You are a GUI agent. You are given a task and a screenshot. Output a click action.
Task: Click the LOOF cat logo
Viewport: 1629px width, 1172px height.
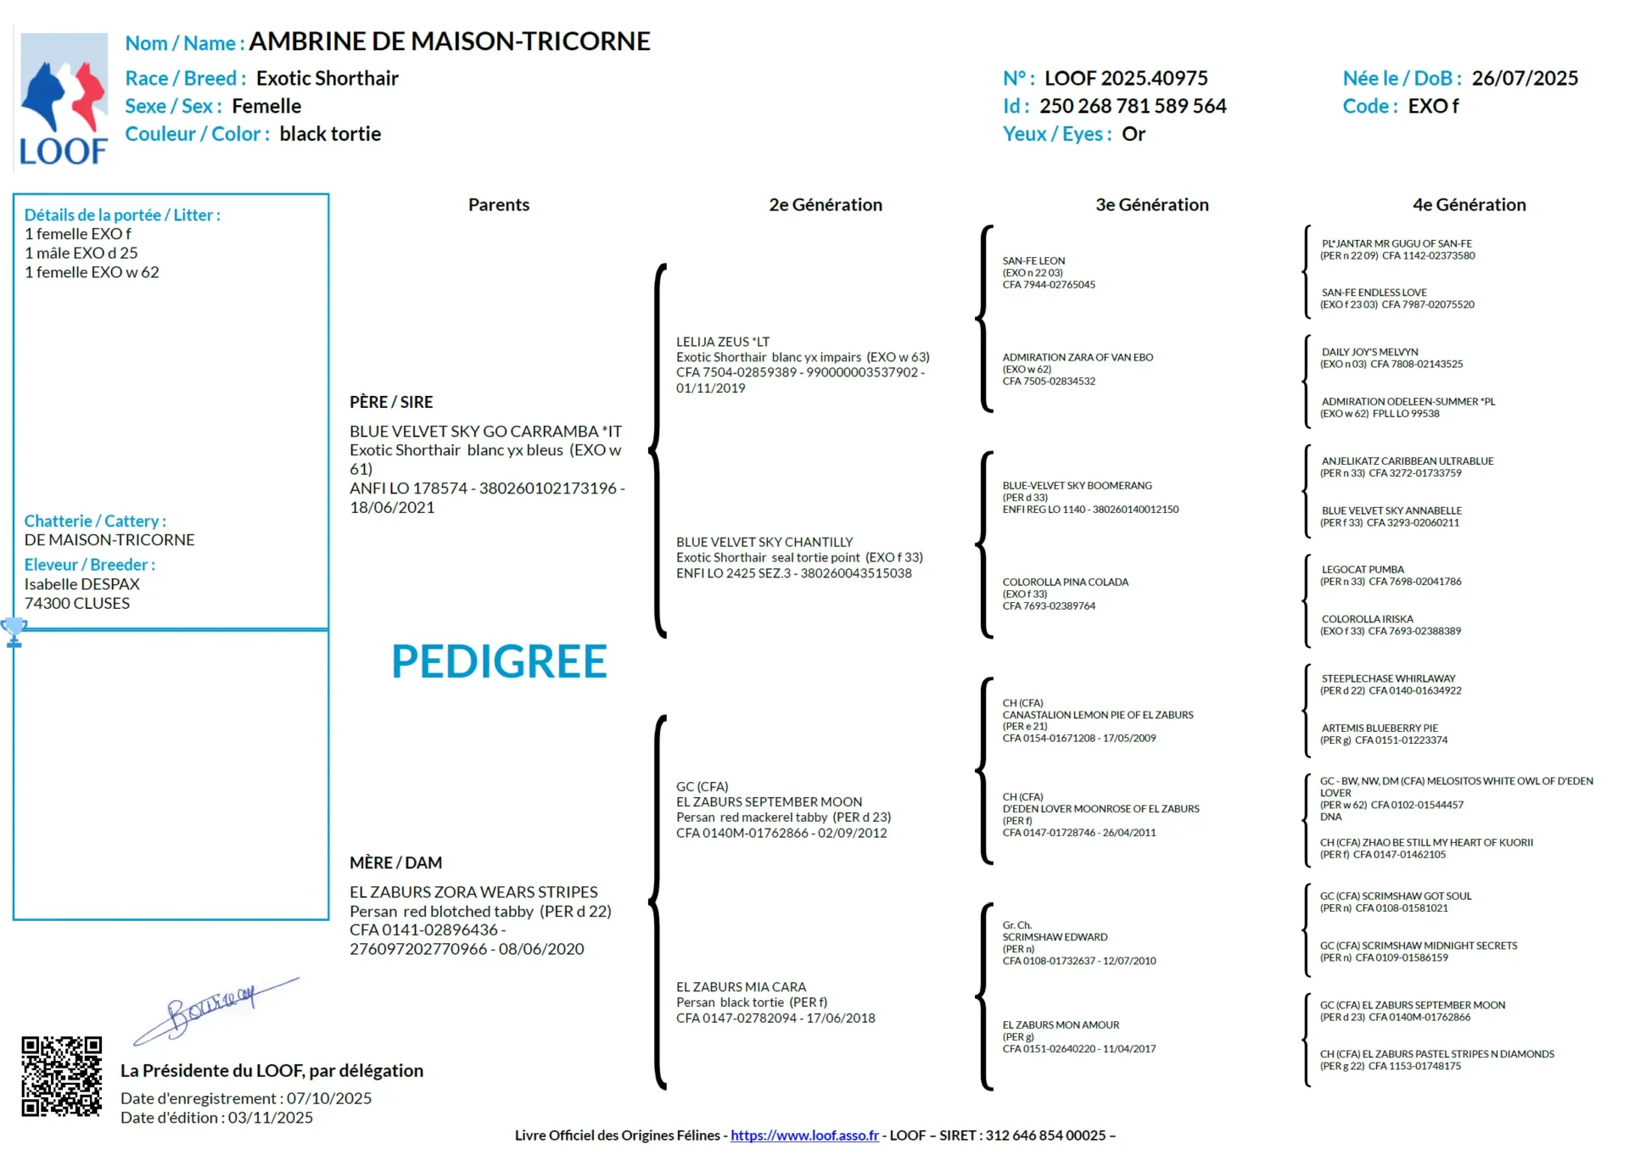(x=64, y=98)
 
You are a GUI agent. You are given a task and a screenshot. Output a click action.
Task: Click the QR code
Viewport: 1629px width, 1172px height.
(x=61, y=1075)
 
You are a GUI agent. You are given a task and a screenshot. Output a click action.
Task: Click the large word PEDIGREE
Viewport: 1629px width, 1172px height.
(x=499, y=661)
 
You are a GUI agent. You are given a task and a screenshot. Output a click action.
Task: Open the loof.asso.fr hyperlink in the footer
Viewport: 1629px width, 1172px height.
(x=804, y=1136)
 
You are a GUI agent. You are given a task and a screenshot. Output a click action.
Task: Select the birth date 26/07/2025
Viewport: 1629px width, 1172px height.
(x=1525, y=78)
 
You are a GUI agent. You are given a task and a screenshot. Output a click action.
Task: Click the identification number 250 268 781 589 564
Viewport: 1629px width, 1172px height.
(x=1133, y=106)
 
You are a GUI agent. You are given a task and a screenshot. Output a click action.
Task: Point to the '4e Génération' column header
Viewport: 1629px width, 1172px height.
(x=1469, y=204)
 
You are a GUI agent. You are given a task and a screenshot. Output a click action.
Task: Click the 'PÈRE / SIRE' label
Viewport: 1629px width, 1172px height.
(x=391, y=402)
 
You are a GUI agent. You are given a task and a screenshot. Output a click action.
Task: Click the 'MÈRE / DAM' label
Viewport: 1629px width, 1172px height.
(x=395, y=862)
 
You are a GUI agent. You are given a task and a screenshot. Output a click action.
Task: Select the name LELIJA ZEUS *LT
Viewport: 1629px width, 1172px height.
(x=723, y=342)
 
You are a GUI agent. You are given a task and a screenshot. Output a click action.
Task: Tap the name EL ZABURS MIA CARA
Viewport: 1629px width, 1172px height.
(x=741, y=987)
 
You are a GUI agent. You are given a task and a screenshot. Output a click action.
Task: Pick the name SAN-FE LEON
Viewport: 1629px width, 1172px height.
(x=1033, y=261)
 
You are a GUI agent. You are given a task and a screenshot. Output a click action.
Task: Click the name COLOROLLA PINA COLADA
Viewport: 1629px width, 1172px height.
(x=1065, y=582)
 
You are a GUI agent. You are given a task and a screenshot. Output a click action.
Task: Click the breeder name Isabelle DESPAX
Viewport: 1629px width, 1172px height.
(x=81, y=584)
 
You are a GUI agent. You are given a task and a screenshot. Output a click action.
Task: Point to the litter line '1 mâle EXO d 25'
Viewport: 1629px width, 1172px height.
(x=81, y=253)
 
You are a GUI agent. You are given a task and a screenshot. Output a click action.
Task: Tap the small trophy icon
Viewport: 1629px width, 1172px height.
(x=14, y=632)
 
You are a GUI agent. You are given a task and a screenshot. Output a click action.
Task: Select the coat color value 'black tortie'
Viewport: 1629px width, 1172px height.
(x=330, y=134)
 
